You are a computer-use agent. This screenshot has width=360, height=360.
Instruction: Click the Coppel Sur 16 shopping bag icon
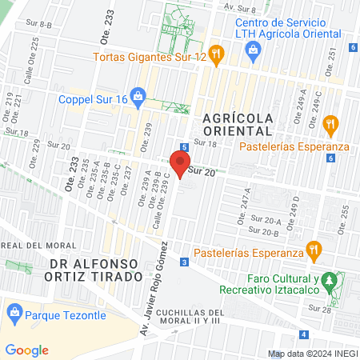pos(138,99)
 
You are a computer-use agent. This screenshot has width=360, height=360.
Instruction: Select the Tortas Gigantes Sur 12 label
pos(149,58)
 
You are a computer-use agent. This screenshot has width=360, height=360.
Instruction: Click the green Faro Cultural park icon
pos(336,281)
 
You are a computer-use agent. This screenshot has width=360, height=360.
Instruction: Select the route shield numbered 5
pos(184,147)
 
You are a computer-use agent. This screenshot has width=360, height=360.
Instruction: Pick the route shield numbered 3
pos(185,262)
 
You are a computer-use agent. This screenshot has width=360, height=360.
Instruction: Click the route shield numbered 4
pos(303,334)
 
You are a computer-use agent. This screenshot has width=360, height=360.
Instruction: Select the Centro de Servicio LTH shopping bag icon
pos(253,50)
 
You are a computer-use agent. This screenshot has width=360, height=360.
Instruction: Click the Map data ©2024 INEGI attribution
pos(312,354)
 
